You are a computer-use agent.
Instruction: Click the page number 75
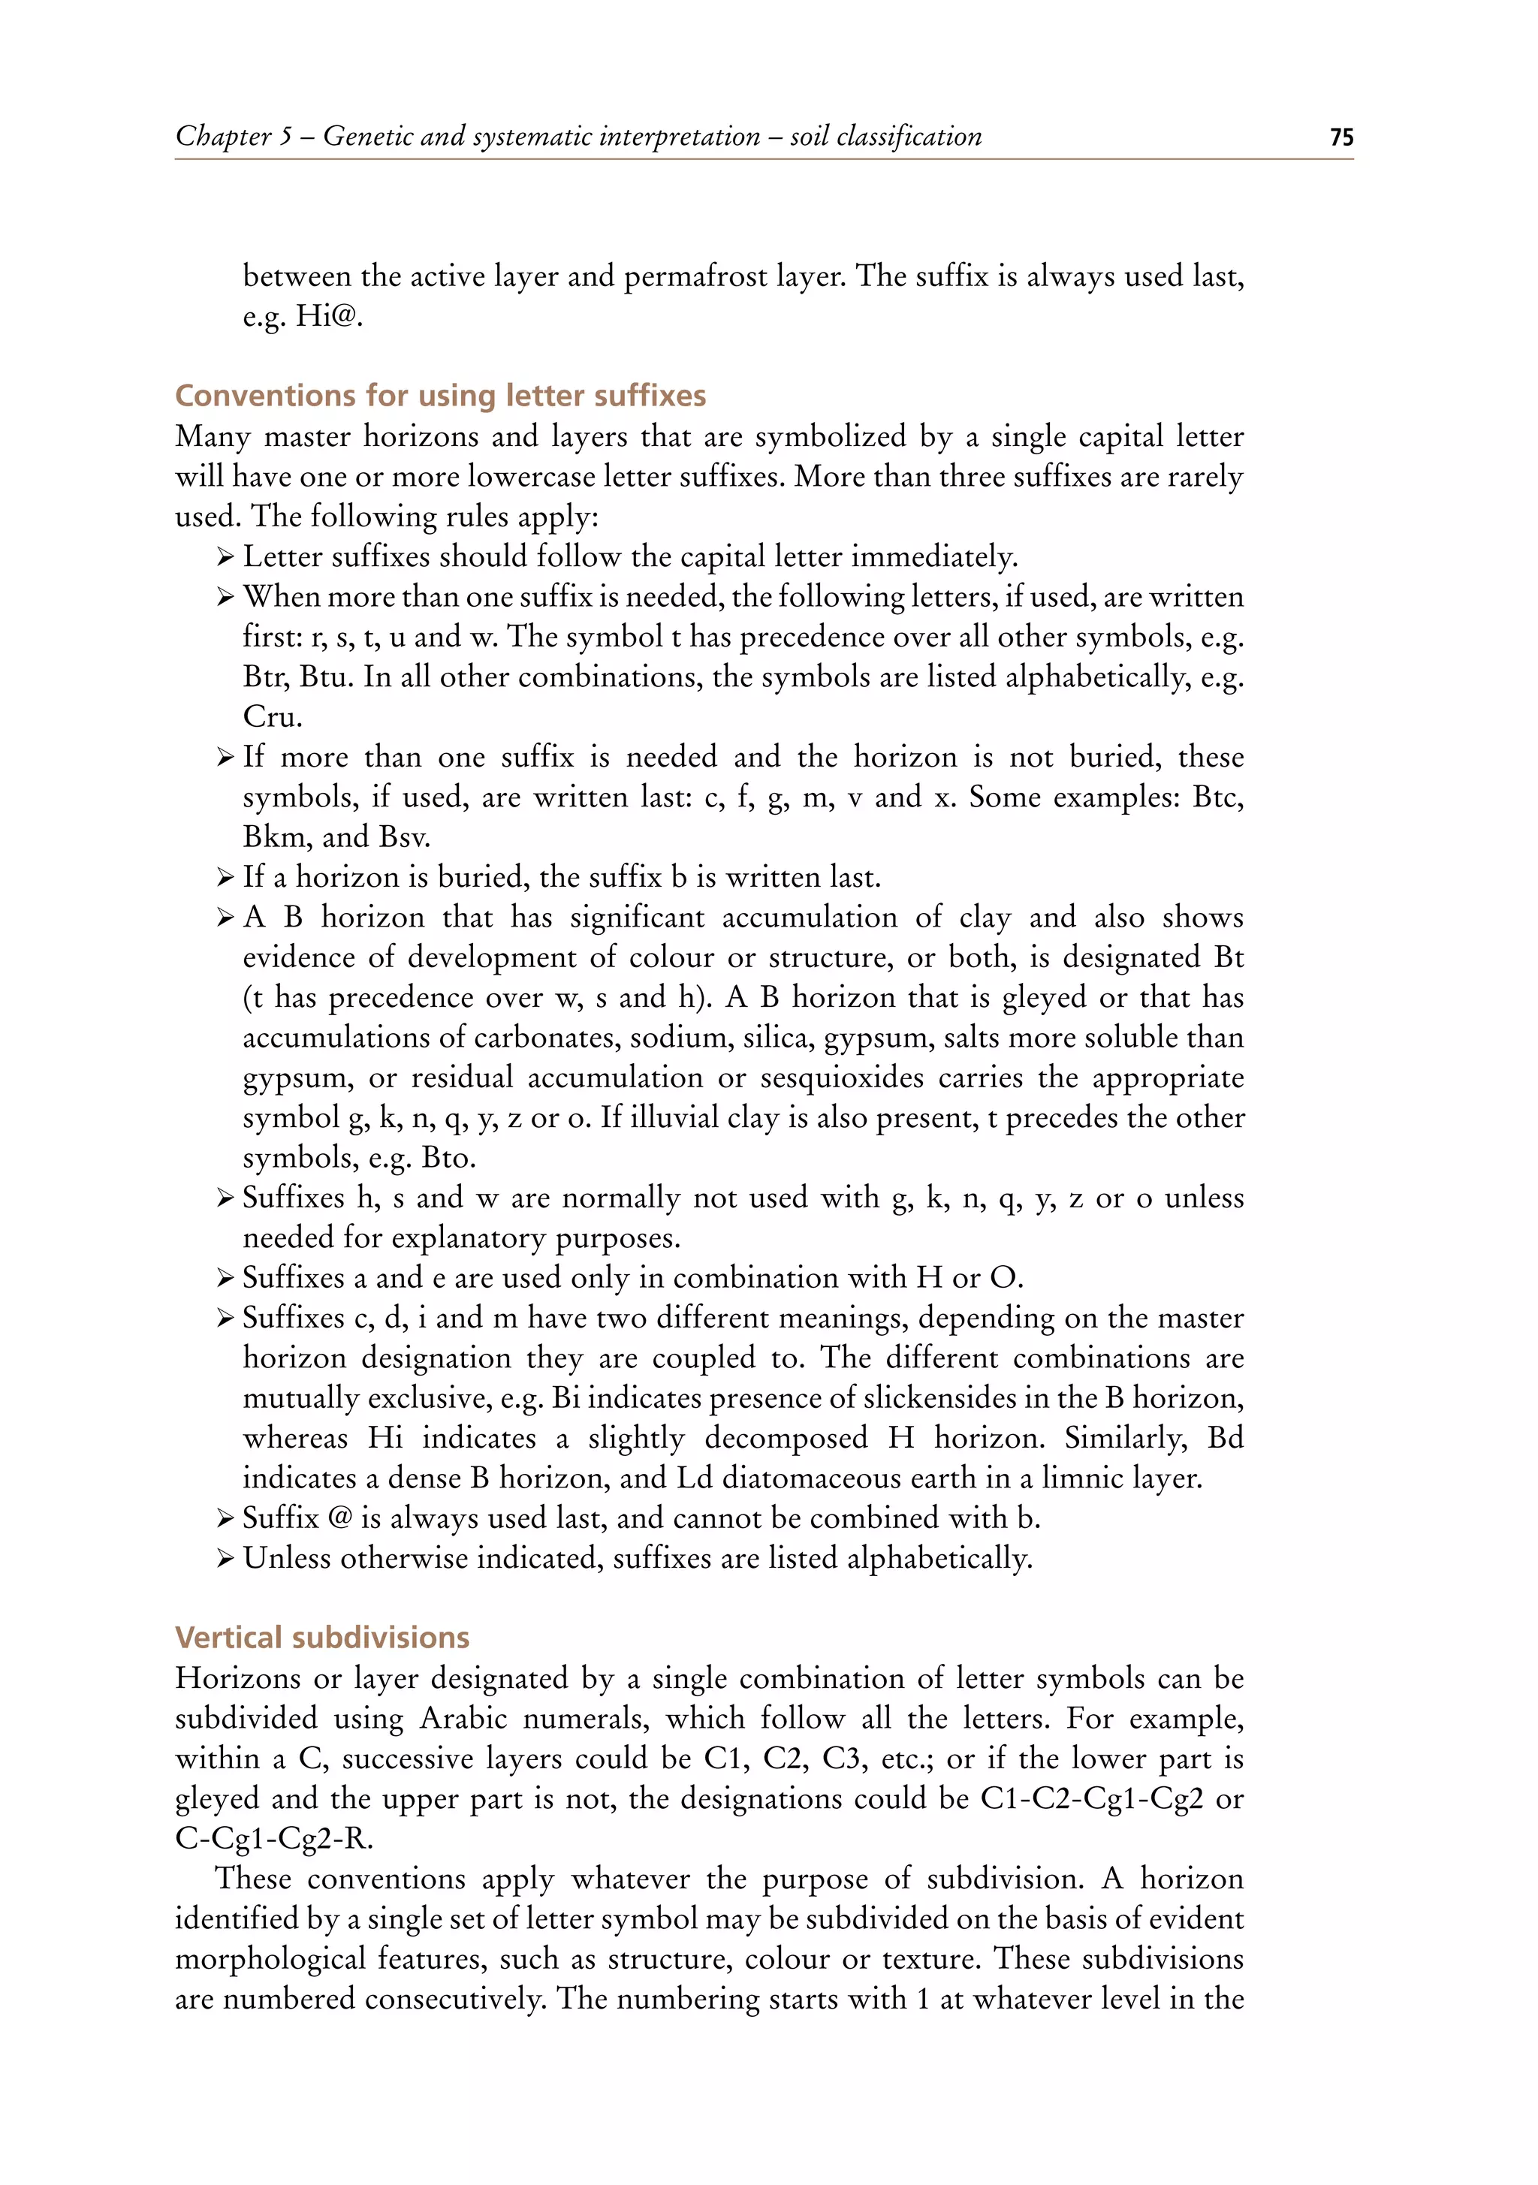tap(1341, 138)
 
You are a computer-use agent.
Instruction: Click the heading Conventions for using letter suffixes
tap(441, 395)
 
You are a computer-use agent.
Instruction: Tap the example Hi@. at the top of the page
tap(328, 316)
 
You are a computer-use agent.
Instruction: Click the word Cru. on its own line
tap(272, 716)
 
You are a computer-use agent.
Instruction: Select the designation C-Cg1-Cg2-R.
tap(274, 1837)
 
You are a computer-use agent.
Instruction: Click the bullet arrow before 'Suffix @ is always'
tap(225, 1518)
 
